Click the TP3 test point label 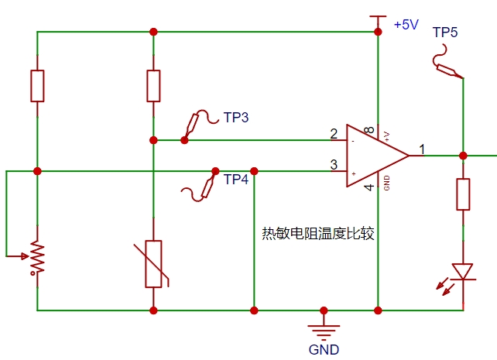pos(236,118)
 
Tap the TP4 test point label pos(236,180)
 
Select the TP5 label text pos(445,33)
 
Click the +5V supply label pos(406,25)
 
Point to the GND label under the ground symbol pos(324,350)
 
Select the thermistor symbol pos(153,264)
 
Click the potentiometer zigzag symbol pos(37,257)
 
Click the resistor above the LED pos(463,194)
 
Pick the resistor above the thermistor pos(153,86)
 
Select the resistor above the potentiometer pos(37,86)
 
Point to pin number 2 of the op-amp pos(334,134)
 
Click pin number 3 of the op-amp pos(334,165)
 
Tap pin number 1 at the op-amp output pos(422,149)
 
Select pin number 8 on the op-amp pos(369,130)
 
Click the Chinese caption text pos(318,234)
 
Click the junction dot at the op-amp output pos(463,156)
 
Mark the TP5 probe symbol pos(447,62)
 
